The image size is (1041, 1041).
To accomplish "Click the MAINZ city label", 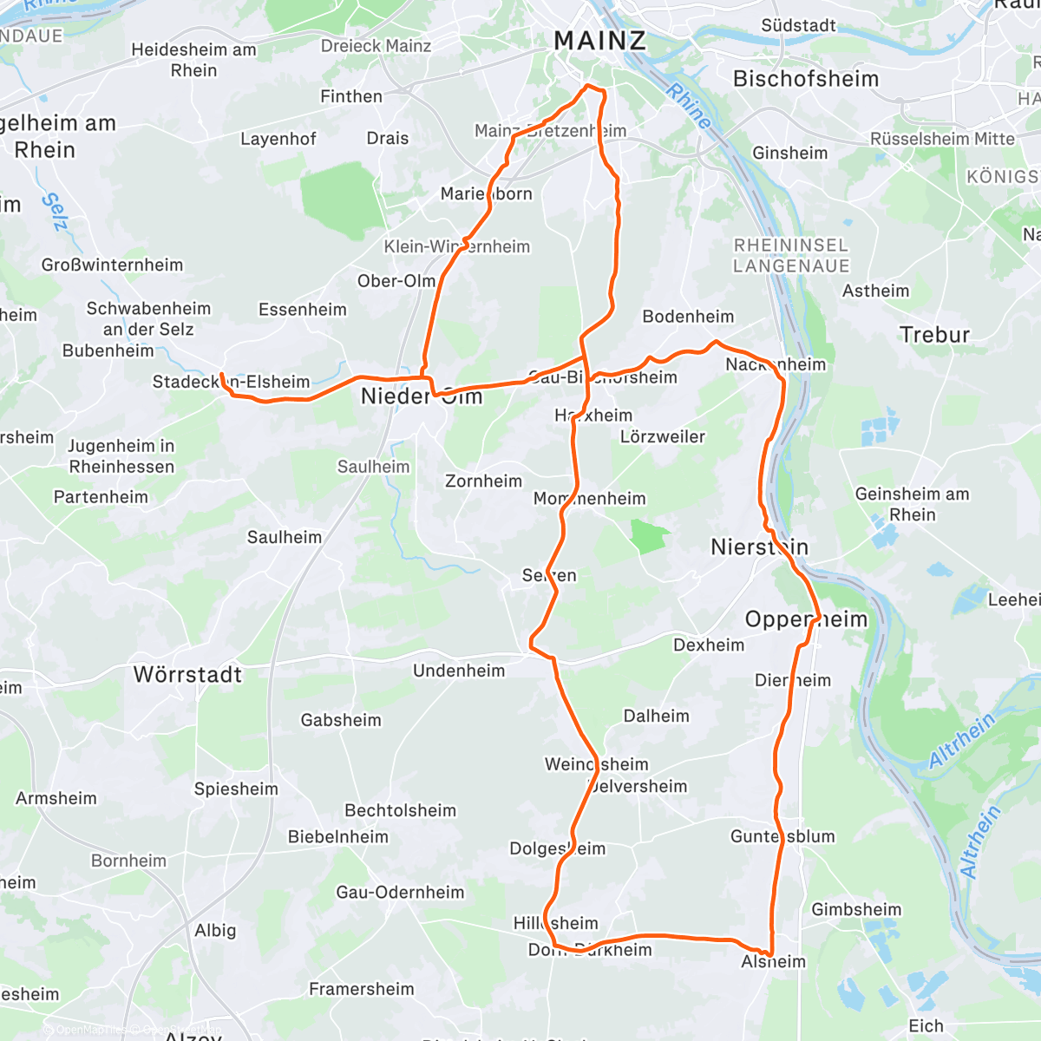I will tap(599, 40).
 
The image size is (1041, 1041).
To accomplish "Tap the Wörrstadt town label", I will tap(187, 675).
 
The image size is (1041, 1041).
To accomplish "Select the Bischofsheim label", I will tap(806, 79).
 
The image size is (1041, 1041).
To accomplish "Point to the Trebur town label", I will tap(934, 335).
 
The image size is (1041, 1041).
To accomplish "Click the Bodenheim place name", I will tap(688, 317).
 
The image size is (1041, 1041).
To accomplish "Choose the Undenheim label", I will tap(458, 671).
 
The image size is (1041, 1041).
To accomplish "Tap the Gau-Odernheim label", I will tap(400, 893).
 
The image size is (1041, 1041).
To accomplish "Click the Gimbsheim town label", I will tap(856, 910).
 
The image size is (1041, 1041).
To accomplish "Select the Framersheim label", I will tap(361, 989).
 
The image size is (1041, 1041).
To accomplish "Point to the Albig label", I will tap(215, 930).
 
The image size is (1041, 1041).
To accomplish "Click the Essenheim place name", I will tap(302, 310).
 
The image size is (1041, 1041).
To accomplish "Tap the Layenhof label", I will tap(278, 139).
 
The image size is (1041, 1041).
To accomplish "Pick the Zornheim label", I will tap(483, 481).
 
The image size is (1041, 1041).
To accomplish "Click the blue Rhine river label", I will tap(689, 106).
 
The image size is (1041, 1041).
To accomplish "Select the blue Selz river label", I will tap(54, 212).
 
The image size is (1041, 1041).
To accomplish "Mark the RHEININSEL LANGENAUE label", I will tap(790, 256).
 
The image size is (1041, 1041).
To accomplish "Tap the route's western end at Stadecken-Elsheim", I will tap(223, 375).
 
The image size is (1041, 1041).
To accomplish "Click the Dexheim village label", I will tap(708, 645).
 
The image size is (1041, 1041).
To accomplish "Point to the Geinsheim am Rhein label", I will tap(912, 504).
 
